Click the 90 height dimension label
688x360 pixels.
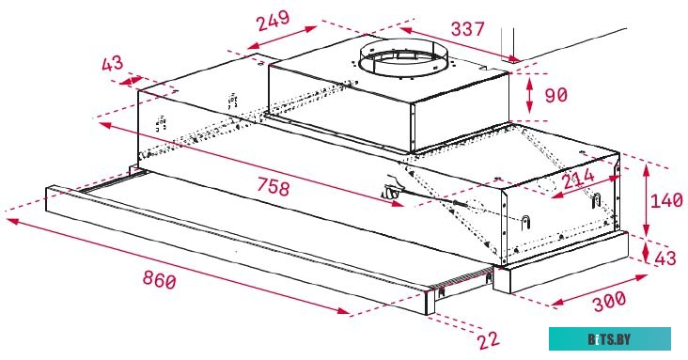click(x=557, y=95)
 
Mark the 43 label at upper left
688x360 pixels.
click(x=112, y=65)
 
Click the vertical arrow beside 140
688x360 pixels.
click(x=648, y=201)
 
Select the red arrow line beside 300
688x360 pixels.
click(x=598, y=289)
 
